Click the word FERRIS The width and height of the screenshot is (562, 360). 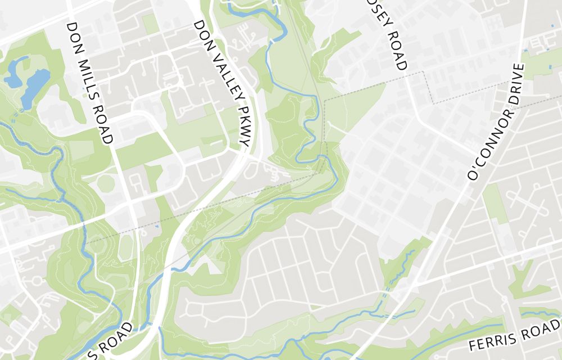point(494,341)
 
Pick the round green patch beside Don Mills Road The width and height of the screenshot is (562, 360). point(106,182)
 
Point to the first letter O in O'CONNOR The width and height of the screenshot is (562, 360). point(472,175)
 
